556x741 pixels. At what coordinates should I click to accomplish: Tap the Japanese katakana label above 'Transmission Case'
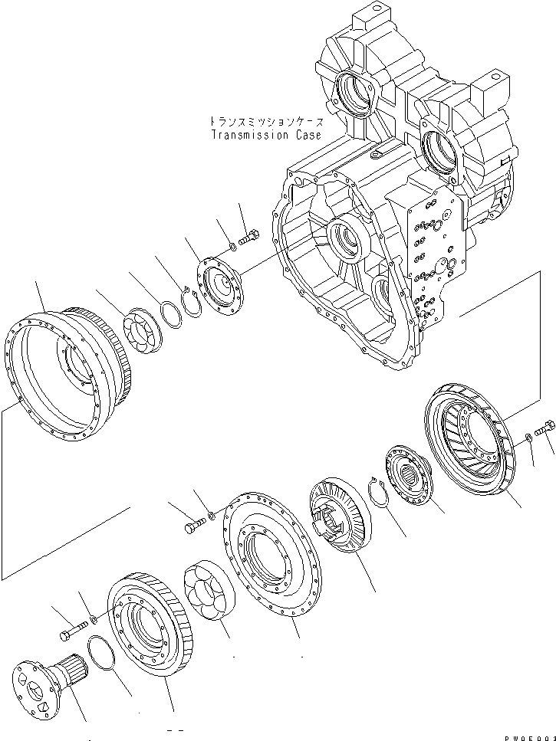[x=266, y=122]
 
